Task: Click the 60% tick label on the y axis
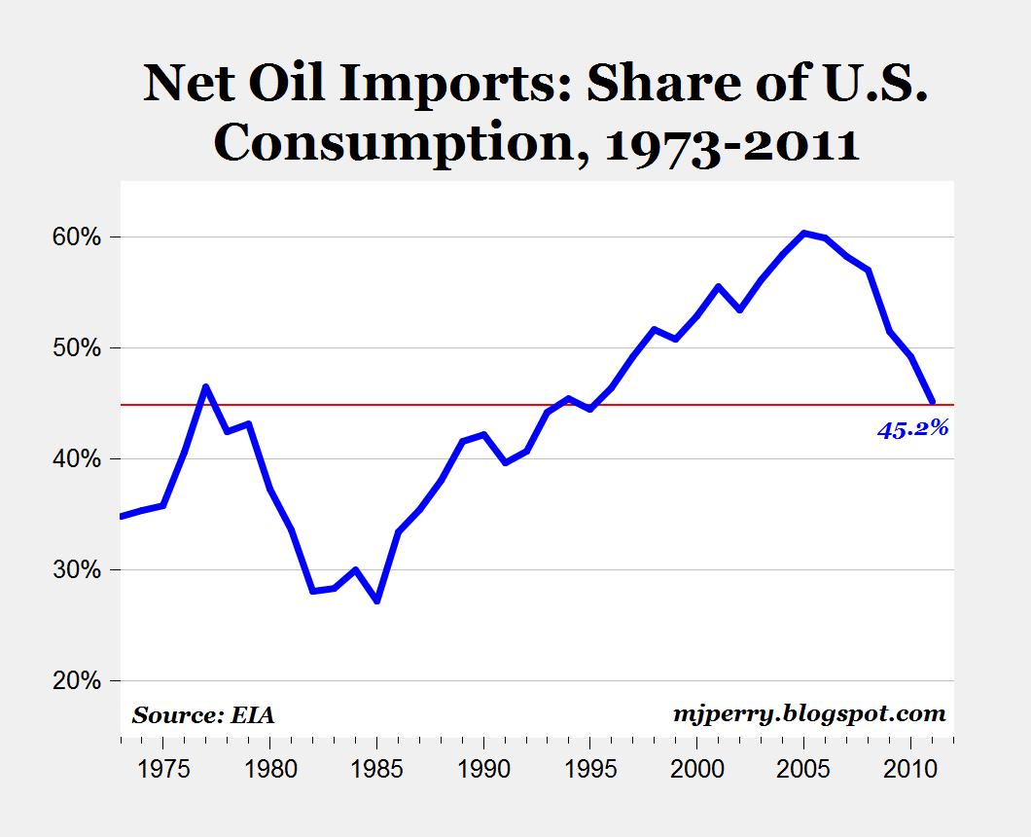pyautogui.click(x=73, y=237)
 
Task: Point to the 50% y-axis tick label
pyautogui.click(x=73, y=347)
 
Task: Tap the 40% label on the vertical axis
pyautogui.click(x=73, y=458)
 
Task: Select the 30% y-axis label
pyautogui.click(x=73, y=569)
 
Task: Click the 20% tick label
pyautogui.click(x=73, y=680)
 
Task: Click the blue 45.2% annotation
pyautogui.click(x=912, y=428)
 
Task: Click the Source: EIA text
pyautogui.click(x=203, y=715)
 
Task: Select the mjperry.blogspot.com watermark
pyautogui.click(x=809, y=713)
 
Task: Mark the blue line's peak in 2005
pyautogui.click(x=804, y=233)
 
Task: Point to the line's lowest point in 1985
pyautogui.click(x=376, y=600)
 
